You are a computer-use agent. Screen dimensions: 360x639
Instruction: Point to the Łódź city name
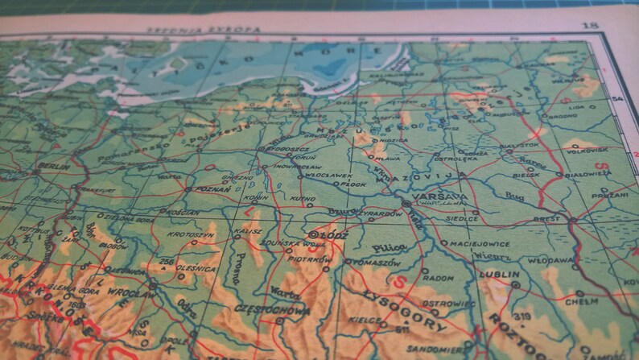331,235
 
